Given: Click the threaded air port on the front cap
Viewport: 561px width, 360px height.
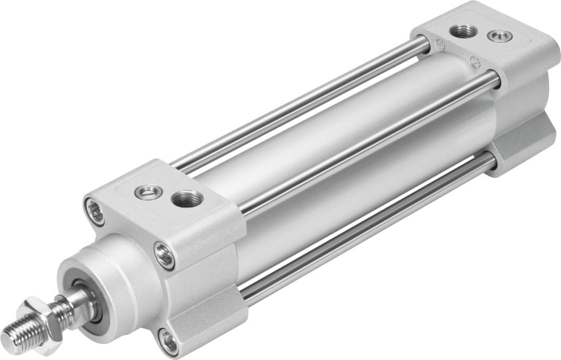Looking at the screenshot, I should tap(187, 199).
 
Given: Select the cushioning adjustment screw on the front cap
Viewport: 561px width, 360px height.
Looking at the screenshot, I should tap(148, 192).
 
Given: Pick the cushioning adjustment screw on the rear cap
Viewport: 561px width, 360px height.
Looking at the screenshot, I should tap(500, 36).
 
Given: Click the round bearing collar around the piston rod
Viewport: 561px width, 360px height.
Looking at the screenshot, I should tap(114, 276).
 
